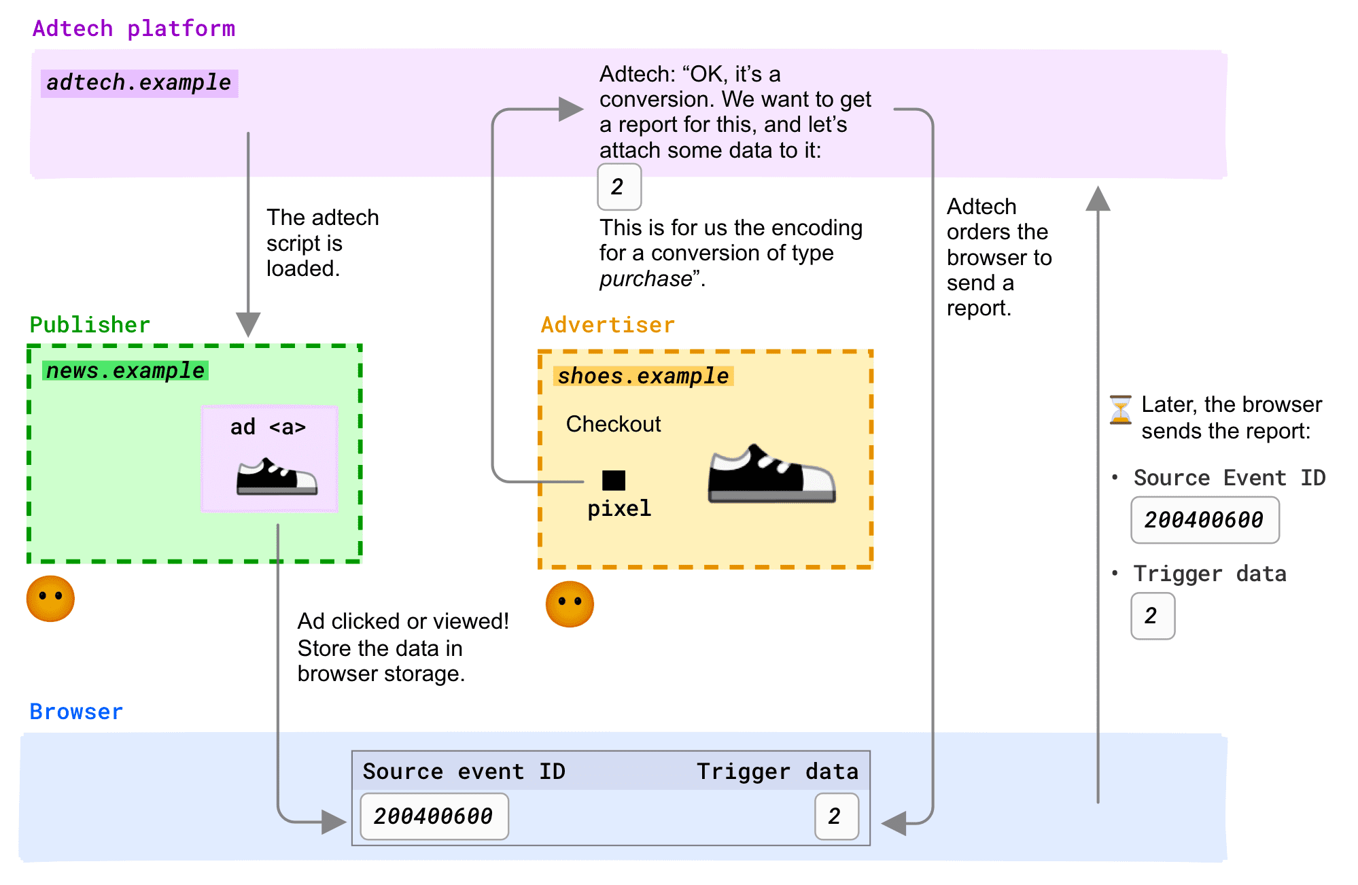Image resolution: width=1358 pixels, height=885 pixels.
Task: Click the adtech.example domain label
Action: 139,83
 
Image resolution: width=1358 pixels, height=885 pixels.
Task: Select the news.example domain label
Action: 125,370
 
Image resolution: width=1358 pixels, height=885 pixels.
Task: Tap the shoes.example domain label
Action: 643,376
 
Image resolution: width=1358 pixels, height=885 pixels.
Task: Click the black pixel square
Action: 613,481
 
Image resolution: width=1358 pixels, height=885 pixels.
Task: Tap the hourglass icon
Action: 1120,410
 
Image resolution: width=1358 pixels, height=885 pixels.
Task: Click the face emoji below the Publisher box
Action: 50,598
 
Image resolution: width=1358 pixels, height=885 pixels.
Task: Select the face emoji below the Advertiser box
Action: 570,604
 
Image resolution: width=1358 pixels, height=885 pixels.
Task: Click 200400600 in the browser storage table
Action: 434,816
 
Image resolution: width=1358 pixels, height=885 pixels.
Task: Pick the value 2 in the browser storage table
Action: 836,816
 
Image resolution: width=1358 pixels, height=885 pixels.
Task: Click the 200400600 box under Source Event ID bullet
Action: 1204,520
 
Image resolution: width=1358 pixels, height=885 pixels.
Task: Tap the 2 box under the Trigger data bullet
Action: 1152,616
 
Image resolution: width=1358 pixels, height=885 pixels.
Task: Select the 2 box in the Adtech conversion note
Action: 619,187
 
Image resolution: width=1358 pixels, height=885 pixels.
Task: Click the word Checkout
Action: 613,424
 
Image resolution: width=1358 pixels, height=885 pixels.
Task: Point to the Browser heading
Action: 76,712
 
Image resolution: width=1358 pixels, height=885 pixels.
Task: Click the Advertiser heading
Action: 608,325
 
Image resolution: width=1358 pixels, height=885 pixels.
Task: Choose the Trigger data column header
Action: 777,771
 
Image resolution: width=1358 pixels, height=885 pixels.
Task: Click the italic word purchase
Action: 645,279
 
